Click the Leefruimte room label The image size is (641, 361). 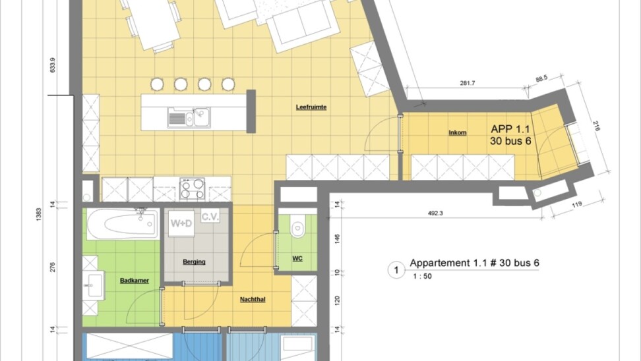pos(311,107)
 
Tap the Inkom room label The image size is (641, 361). pos(458,132)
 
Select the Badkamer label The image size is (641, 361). pos(134,281)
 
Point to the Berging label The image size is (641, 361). pos(194,262)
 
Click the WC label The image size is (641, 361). pos(297,258)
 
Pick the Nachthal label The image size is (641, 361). pos(253,299)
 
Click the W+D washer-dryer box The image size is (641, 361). pos(181,223)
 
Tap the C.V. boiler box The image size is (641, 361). pos(210,216)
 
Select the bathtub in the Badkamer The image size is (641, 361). pos(123,223)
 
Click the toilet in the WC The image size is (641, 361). pos(297,227)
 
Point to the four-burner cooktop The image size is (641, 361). pos(192,188)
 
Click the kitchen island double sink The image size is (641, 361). pos(189,117)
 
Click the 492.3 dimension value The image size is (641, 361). pos(435,213)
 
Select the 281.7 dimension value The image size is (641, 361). pos(468,83)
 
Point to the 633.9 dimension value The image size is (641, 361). pos(52,65)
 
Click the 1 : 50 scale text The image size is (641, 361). pos(422,276)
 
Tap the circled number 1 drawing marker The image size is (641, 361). pos(396,270)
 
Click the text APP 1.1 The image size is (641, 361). pos(510,129)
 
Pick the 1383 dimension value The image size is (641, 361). pos(39,214)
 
